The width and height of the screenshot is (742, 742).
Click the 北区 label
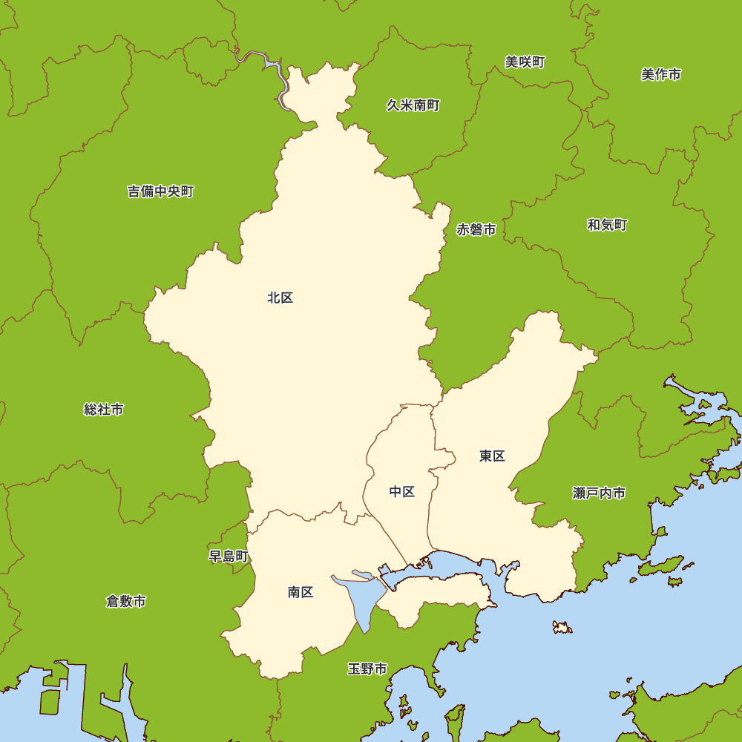280,298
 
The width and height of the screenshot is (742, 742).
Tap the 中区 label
402,492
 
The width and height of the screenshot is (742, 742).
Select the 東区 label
492,456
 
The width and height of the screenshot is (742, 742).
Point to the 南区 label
301,592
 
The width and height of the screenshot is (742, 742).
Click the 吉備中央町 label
160,192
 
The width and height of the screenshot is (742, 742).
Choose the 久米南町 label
413,105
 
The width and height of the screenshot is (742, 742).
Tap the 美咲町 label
525,62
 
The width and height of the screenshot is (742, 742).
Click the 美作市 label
660,74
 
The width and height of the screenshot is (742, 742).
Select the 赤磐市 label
476,230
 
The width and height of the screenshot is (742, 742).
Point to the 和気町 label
607,225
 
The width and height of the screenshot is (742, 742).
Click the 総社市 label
104,410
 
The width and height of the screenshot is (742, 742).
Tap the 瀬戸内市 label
599,493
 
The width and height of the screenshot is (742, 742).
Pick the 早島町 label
229,556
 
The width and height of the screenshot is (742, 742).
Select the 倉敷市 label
126,601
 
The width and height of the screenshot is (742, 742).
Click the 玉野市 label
367,669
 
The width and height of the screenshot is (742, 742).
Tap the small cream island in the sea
562,628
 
